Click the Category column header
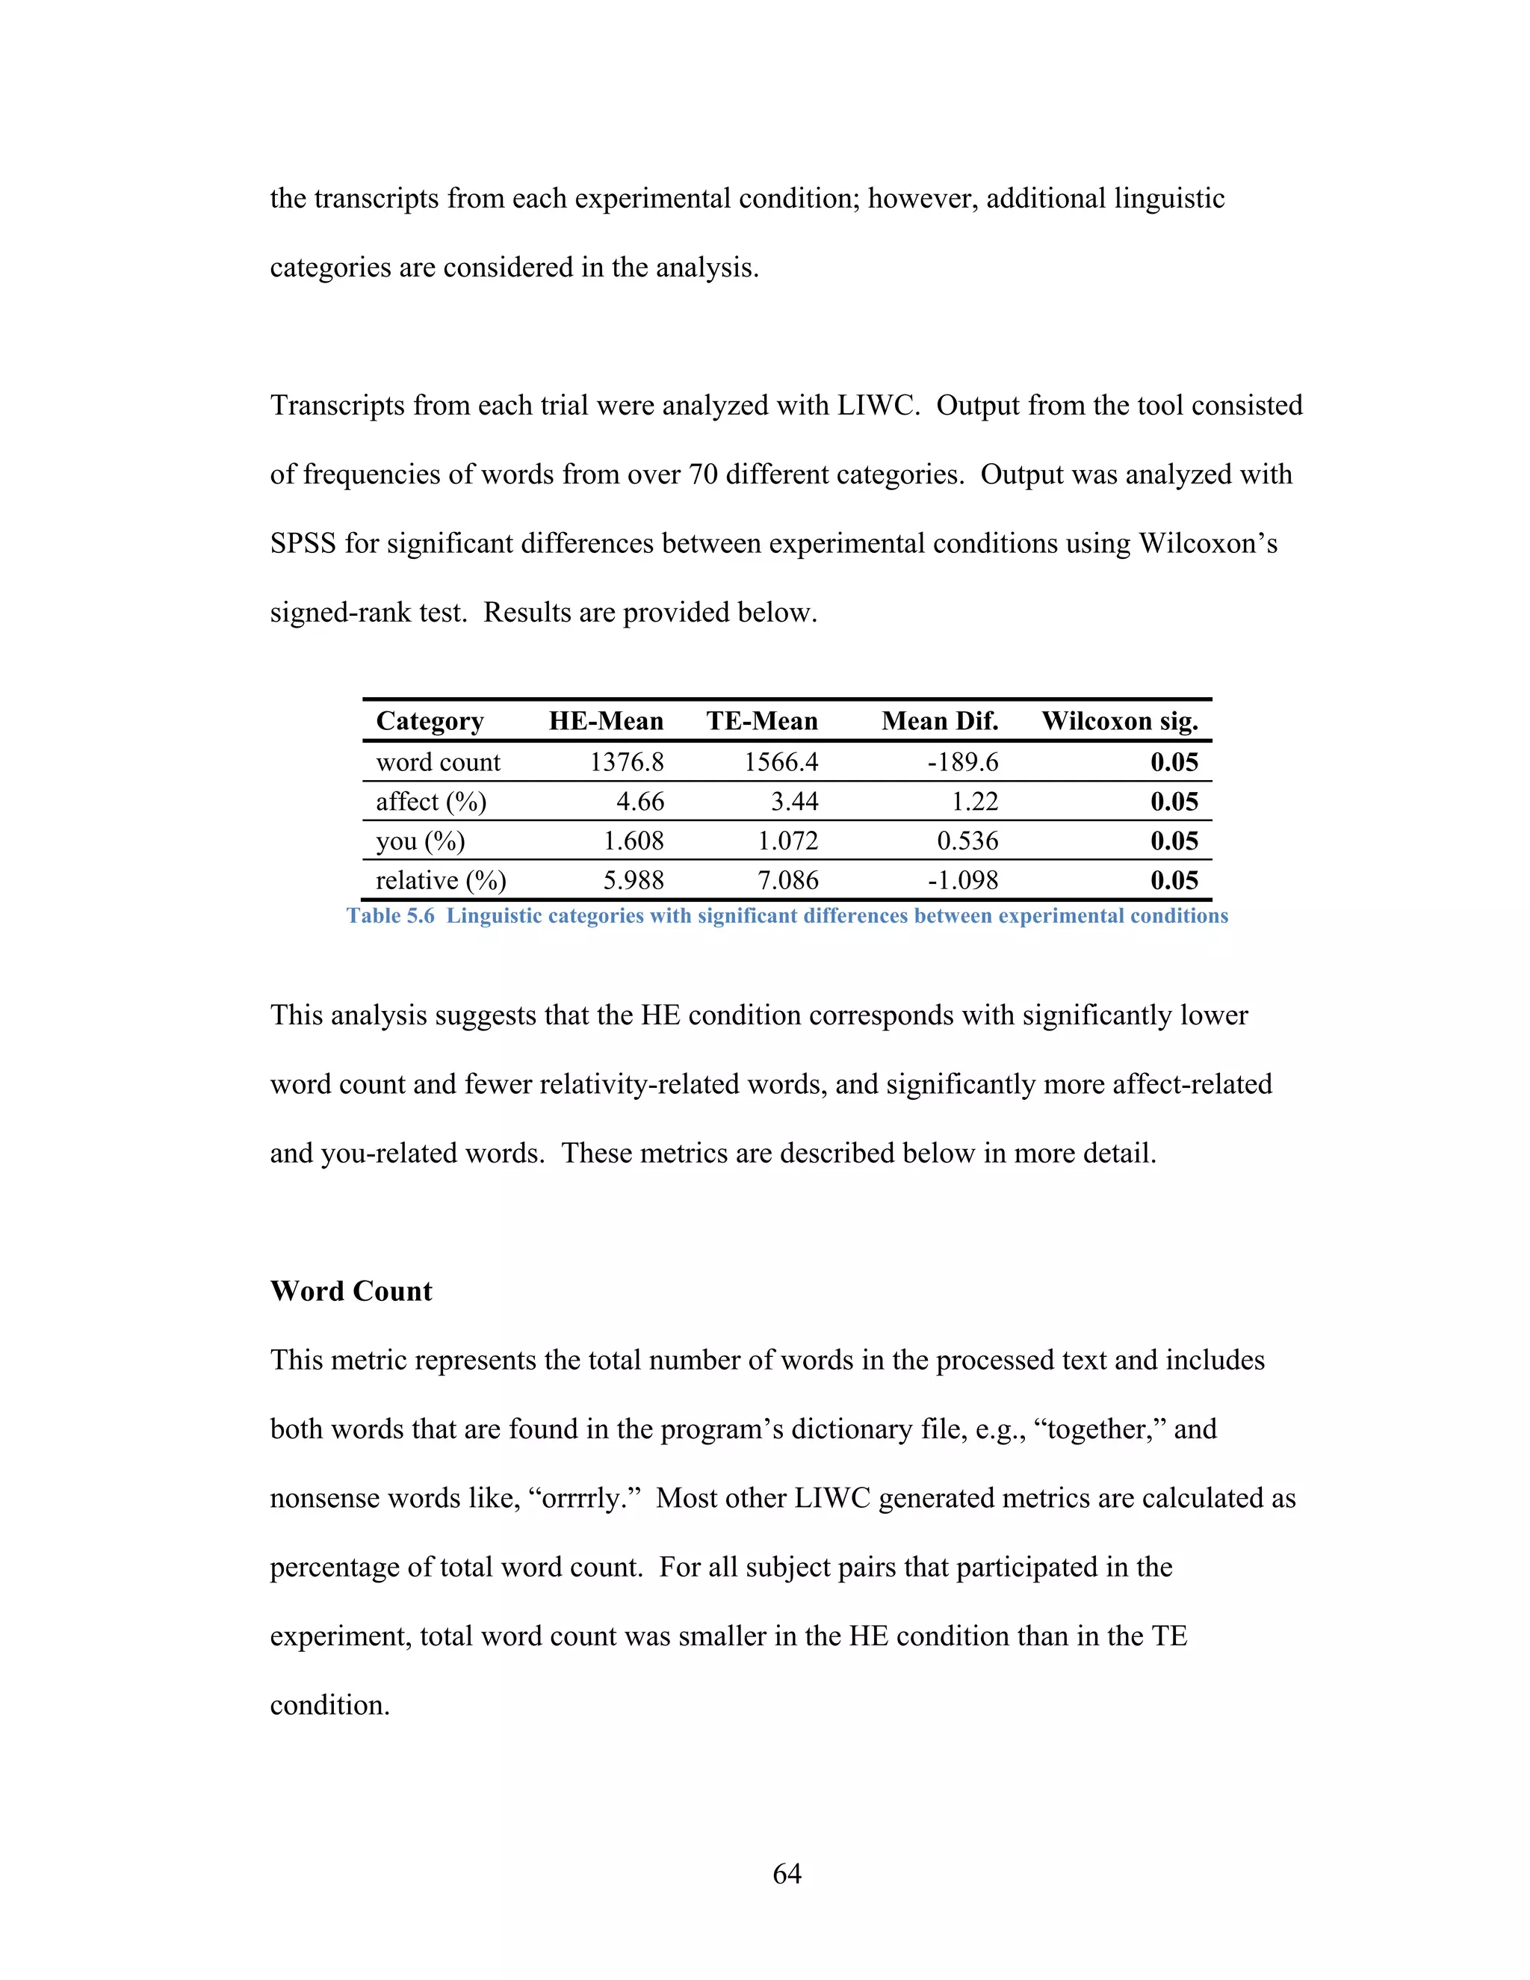coord(430,721)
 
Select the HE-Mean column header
coord(605,721)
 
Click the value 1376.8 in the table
coord(626,761)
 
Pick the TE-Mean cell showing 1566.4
coord(781,761)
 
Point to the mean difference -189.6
coord(962,761)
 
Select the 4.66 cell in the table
coord(640,802)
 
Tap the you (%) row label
coord(421,841)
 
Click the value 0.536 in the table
coord(967,841)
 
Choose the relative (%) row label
coord(441,880)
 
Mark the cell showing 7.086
coord(787,880)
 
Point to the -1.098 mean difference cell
coord(962,880)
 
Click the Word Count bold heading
coord(351,1291)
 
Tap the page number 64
coord(786,1873)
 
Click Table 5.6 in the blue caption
coord(390,916)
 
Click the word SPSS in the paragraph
coord(303,543)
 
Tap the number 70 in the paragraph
coord(702,474)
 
